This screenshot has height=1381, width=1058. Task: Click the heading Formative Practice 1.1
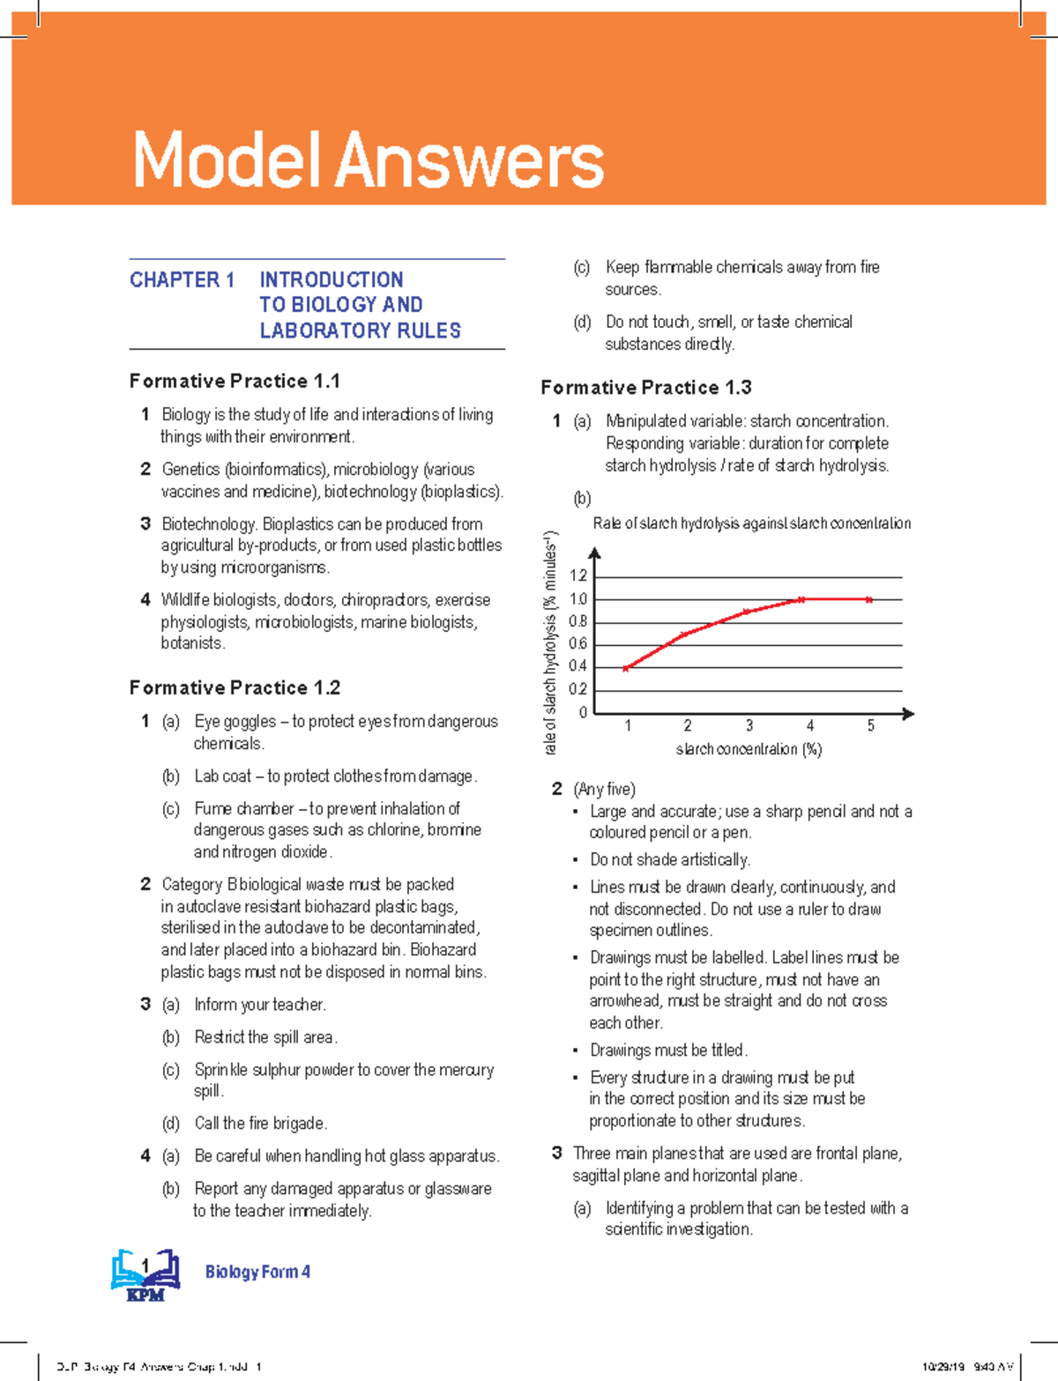[235, 382]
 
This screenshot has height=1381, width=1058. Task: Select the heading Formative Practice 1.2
[235, 688]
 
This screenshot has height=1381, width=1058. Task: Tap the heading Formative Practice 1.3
[645, 388]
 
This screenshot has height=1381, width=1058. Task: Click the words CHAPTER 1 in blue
[182, 280]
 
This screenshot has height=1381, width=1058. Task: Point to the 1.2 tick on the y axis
[577, 576]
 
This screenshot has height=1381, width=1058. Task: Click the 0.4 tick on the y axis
[577, 667]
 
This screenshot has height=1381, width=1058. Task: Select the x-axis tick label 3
[749, 726]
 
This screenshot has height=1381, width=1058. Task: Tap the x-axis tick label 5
[871, 726]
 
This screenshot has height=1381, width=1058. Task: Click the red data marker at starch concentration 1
[626, 669]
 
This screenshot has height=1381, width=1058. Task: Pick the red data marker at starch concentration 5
[869, 600]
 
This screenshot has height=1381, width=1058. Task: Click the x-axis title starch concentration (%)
[749, 750]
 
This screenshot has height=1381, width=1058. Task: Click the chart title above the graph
[751, 523]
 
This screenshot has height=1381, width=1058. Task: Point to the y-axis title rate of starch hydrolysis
[551, 643]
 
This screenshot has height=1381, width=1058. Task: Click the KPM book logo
[145, 1274]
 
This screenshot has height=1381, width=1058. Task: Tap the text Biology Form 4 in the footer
[257, 1272]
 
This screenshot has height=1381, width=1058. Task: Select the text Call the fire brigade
[260, 1124]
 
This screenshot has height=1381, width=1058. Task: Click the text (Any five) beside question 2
[605, 790]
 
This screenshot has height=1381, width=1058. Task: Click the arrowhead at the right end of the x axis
[909, 714]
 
